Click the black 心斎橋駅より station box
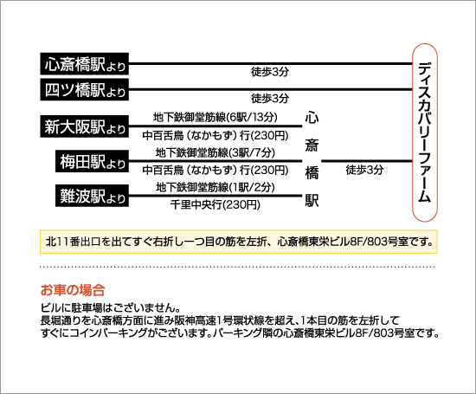pos(85,64)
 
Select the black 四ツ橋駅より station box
pos(85,89)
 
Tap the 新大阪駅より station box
pos(85,126)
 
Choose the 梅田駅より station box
pos(92,161)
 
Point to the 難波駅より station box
pos(92,196)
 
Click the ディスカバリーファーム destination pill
pos(425,132)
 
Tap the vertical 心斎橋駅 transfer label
pos(312,159)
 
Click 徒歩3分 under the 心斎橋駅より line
pos(270,72)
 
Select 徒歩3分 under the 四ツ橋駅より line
pos(270,98)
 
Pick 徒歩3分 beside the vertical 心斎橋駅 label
pos(364,170)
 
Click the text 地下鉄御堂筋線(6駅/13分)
pos(215,117)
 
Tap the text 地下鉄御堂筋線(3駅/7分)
pos(215,152)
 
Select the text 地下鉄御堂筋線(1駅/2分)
pos(215,187)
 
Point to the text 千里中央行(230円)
pos(215,204)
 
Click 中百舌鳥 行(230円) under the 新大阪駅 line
pos(215,135)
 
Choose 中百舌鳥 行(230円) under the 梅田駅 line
pos(215,170)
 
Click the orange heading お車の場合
pos(73,290)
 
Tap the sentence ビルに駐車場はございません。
pos(111,308)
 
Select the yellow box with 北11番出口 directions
pos(239,242)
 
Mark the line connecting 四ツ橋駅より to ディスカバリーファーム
pos(271,89)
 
